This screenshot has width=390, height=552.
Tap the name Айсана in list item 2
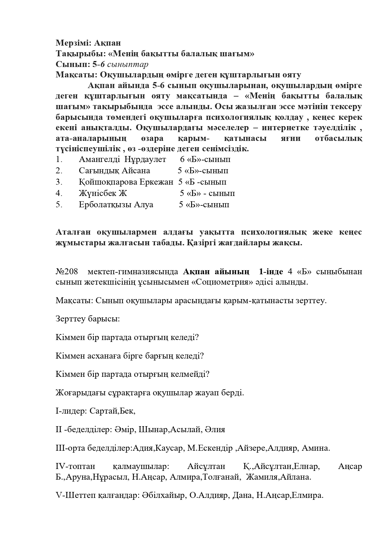(136, 171)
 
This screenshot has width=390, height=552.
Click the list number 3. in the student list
(59, 182)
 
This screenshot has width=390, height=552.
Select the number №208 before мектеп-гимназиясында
(67, 271)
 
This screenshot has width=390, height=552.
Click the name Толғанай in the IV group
(222, 477)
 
